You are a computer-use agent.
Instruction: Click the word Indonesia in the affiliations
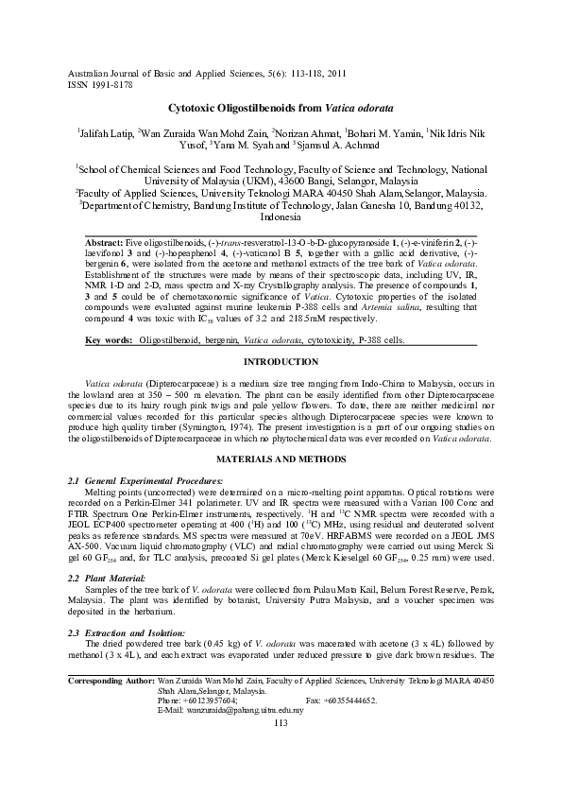[x=281, y=216]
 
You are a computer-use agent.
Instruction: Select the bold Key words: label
[x=109, y=337]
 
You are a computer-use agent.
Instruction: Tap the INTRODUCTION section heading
[x=281, y=362]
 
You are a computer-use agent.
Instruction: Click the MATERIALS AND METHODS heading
[x=281, y=459]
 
